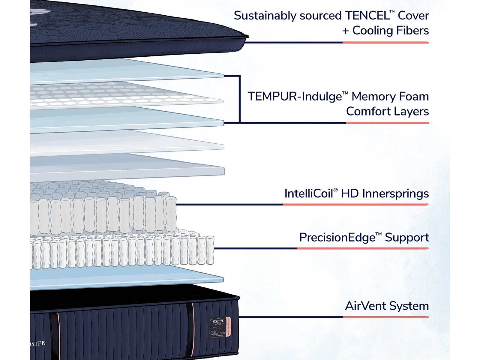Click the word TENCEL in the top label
point(367,16)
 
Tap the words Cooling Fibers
point(390,31)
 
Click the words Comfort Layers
point(387,112)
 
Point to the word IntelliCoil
point(308,193)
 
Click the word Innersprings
point(395,194)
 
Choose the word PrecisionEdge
point(337,238)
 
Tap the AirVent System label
point(387,306)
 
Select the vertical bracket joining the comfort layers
point(239,99)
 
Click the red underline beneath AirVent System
point(386,317)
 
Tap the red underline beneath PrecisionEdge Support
point(362,248)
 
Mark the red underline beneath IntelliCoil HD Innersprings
point(355,205)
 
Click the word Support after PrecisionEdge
point(407,238)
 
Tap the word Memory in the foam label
point(369,97)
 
